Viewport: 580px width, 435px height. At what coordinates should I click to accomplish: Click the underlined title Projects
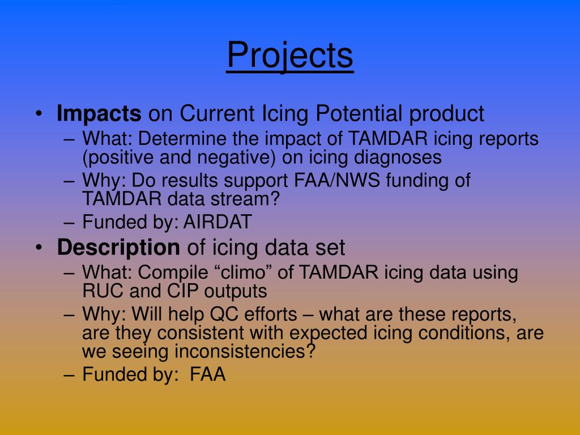coord(290,55)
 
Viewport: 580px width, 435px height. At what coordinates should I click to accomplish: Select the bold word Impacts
coord(99,113)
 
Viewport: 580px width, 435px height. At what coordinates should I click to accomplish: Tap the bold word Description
coord(118,247)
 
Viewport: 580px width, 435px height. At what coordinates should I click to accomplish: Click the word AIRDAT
coord(217,222)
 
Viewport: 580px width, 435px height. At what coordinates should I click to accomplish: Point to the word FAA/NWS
coord(337,181)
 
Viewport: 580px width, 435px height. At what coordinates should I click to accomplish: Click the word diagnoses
coord(398,157)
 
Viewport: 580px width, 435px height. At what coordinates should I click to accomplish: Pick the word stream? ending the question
coord(245,199)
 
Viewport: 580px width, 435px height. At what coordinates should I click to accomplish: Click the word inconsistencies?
coord(245,351)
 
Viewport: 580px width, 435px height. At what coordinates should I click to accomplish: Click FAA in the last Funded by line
coord(207,374)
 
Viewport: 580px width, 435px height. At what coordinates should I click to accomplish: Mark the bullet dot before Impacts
coord(39,113)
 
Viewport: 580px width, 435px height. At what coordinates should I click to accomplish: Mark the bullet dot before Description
coord(39,248)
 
